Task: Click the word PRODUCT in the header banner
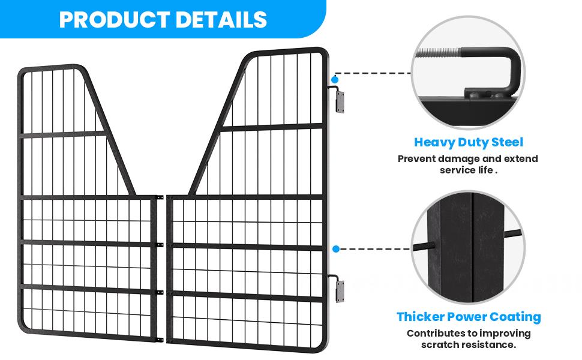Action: pyautogui.click(x=115, y=20)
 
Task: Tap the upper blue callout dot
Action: pyautogui.click(x=335, y=79)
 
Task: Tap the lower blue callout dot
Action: pyautogui.click(x=336, y=249)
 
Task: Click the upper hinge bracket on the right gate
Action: pyautogui.click(x=339, y=101)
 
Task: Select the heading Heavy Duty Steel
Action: pyautogui.click(x=469, y=142)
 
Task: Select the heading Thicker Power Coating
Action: pyautogui.click(x=469, y=317)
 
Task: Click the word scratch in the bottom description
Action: pyautogui.click(x=439, y=345)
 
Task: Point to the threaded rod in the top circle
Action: pyautogui.click(x=439, y=53)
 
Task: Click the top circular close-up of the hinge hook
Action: pyautogui.click(x=468, y=73)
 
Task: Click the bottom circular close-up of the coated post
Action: pyautogui.click(x=468, y=247)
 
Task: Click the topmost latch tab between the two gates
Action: pyautogui.click(x=159, y=197)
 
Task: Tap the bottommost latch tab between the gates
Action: pyautogui.click(x=159, y=340)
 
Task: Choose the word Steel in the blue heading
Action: pyautogui.click(x=507, y=142)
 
